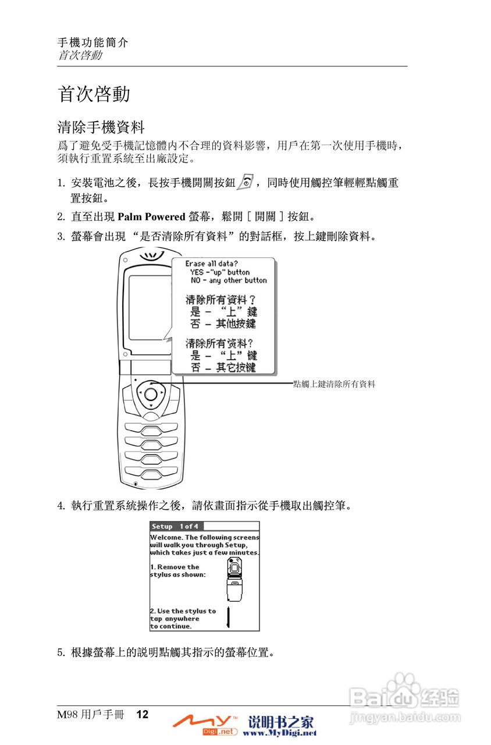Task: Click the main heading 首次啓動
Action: pyautogui.click(x=94, y=94)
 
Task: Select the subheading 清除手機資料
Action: pyautogui.click(x=101, y=126)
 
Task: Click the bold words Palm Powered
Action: pyautogui.click(x=151, y=217)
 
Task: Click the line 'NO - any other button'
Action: pyautogui.click(x=229, y=281)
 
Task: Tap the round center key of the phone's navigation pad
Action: pyautogui.click(x=150, y=394)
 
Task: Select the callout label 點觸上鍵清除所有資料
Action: pyautogui.click(x=335, y=384)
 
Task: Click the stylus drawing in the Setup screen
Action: pyautogui.click(x=229, y=617)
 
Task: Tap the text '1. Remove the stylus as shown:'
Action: pyautogui.click(x=178, y=571)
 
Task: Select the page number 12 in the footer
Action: pyautogui.click(x=143, y=715)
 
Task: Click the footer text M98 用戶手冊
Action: pyautogui.click(x=90, y=715)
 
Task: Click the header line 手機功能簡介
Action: pyautogui.click(x=92, y=42)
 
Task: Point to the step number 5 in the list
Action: pyautogui.click(x=61, y=652)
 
